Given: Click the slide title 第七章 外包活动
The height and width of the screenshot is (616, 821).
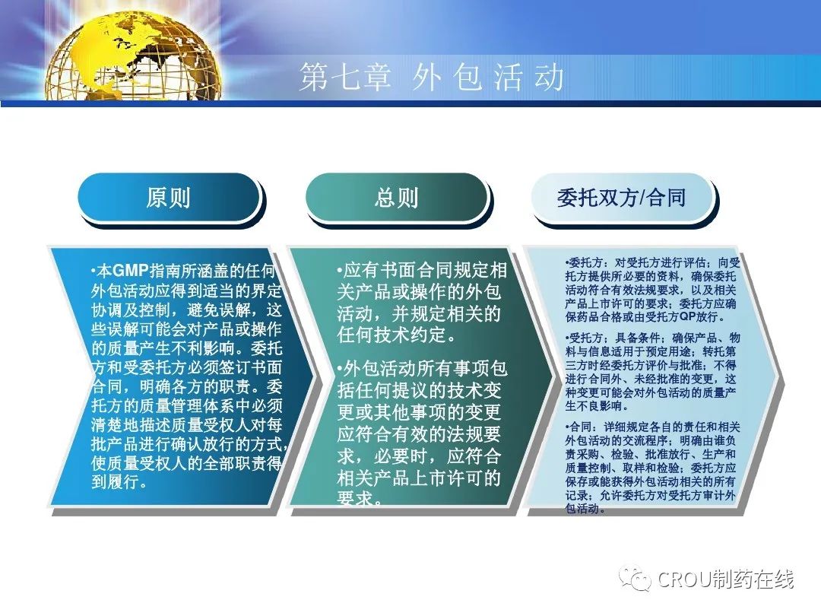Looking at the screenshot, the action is [x=432, y=77].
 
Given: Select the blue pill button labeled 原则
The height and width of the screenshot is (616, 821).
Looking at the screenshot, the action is [x=169, y=198].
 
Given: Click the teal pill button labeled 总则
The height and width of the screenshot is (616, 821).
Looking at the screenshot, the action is [x=396, y=198].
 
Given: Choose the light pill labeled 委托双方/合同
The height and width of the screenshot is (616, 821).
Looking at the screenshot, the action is [x=622, y=198].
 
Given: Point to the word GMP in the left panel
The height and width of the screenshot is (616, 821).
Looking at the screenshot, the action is [x=131, y=271].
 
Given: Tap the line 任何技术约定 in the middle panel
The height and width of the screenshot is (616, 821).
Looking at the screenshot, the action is [x=396, y=335].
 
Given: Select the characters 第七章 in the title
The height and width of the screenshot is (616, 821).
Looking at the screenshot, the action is [x=345, y=77].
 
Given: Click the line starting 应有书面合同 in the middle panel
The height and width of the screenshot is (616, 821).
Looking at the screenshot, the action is [x=422, y=270].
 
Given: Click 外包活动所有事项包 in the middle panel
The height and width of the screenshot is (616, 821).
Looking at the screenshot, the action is [x=422, y=369].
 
